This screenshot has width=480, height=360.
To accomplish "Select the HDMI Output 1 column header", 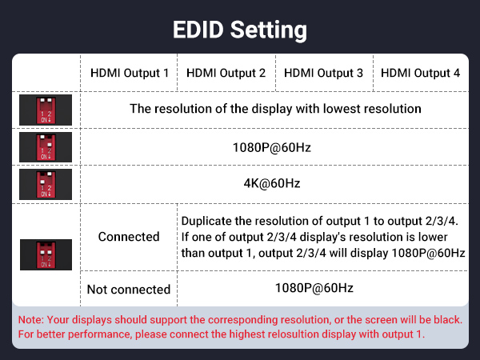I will pos(130,73).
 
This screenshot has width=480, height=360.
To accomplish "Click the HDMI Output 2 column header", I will pos(226,73).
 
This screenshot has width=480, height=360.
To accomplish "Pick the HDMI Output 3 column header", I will pos(323,73).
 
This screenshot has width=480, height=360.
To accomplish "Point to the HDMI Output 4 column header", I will pos(420,73).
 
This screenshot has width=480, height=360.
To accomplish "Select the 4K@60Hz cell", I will pos(272,183).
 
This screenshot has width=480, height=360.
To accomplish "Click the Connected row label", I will pos(129,237).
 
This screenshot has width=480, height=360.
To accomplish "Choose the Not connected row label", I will pos(129,289).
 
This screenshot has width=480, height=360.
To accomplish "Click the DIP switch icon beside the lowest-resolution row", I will pos(46,109).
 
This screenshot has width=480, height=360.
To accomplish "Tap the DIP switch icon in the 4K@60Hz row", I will pos(46,183).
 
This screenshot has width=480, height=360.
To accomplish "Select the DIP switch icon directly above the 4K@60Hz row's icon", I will pos(46,146).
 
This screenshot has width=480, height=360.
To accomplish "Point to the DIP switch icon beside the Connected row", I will pos(46,254).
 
